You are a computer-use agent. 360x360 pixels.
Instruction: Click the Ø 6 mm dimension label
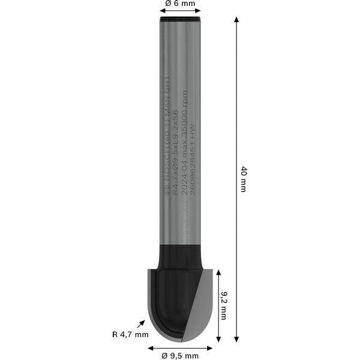(x=180, y=4)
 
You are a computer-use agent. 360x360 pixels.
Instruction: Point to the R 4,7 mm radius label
(x=130, y=334)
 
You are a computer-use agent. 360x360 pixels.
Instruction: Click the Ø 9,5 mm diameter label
(x=180, y=356)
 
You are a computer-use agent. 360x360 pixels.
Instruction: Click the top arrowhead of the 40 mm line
(x=236, y=20)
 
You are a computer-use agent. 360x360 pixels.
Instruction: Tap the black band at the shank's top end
(x=180, y=20)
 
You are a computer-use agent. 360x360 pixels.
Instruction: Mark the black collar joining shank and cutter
(x=180, y=257)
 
